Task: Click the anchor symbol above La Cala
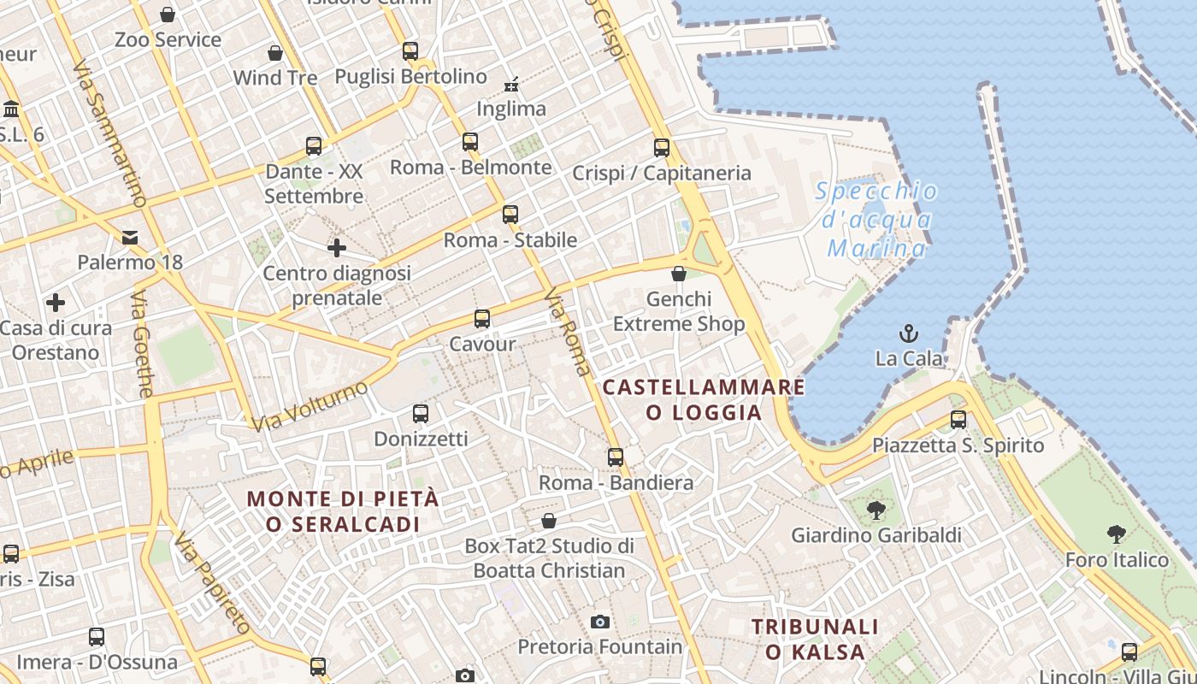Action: pyautogui.click(x=909, y=333)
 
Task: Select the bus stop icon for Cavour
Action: pyautogui.click(x=482, y=319)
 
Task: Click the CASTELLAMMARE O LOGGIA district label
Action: pyautogui.click(x=704, y=400)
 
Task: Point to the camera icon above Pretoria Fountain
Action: pyautogui.click(x=600, y=622)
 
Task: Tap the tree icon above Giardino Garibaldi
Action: pyautogui.click(x=876, y=510)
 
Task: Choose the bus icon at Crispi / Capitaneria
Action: pyautogui.click(x=662, y=147)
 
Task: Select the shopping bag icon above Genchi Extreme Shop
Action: pyautogui.click(x=679, y=274)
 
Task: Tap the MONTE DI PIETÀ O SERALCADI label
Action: pyautogui.click(x=343, y=511)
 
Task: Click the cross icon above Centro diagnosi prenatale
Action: pyautogui.click(x=337, y=248)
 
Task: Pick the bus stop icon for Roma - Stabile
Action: pyautogui.click(x=510, y=215)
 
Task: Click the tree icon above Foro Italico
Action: pyautogui.click(x=1116, y=535)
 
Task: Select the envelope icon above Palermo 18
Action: pyautogui.click(x=130, y=237)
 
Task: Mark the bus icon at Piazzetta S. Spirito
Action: pyautogui.click(x=958, y=420)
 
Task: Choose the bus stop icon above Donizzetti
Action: pyautogui.click(x=421, y=414)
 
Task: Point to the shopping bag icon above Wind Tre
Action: pyautogui.click(x=275, y=53)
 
